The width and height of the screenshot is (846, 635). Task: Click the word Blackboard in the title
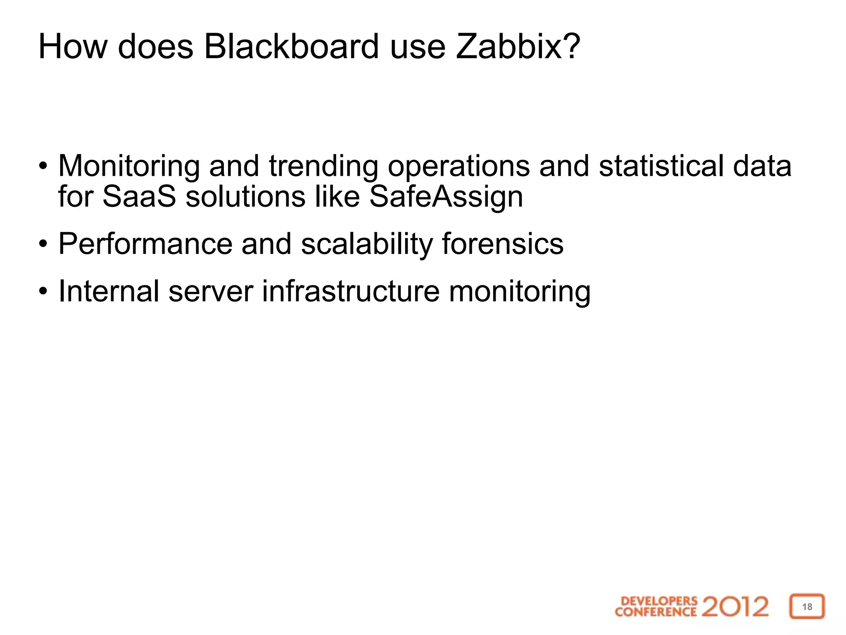pyautogui.click(x=291, y=46)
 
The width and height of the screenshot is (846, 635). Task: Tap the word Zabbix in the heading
pyautogui.click(x=512, y=46)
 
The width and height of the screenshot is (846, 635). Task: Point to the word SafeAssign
pyautogui.click(x=446, y=196)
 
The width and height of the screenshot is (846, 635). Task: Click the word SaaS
pyautogui.click(x=139, y=196)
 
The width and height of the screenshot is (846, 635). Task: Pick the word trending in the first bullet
pyautogui.click(x=323, y=166)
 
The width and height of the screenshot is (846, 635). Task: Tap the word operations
pyautogui.click(x=459, y=166)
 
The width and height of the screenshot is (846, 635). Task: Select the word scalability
pyautogui.click(x=367, y=244)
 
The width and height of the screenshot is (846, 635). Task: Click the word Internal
pyautogui.click(x=109, y=291)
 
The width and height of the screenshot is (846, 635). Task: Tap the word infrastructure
pyautogui.click(x=351, y=291)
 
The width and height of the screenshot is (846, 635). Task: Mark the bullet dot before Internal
pyautogui.click(x=43, y=291)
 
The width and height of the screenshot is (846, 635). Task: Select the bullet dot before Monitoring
pyautogui.click(x=43, y=167)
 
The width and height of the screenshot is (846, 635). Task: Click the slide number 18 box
pyautogui.click(x=807, y=606)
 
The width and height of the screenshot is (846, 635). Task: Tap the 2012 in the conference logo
pyautogui.click(x=735, y=606)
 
